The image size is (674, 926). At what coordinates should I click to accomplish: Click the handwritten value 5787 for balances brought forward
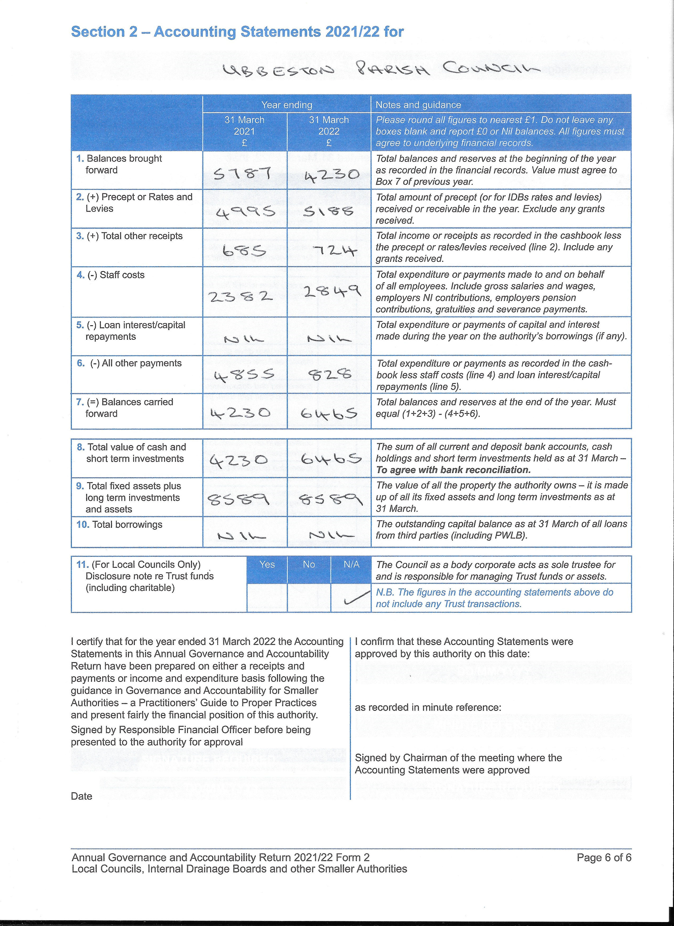[242, 174]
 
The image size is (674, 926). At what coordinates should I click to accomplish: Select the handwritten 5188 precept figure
[328, 211]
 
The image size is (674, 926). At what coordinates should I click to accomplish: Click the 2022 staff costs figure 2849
[332, 291]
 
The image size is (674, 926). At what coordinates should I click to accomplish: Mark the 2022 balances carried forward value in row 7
[329, 414]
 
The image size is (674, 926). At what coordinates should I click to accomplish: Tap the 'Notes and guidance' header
[418, 105]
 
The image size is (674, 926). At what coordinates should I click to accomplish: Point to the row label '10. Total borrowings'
[119, 525]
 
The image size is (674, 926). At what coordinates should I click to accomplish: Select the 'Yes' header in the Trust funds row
[267, 564]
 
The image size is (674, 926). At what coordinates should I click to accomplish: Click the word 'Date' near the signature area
[81, 796]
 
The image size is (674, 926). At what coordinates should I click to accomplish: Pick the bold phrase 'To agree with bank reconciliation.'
[453, 470]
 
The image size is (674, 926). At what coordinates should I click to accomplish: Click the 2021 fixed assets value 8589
[238, 499]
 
